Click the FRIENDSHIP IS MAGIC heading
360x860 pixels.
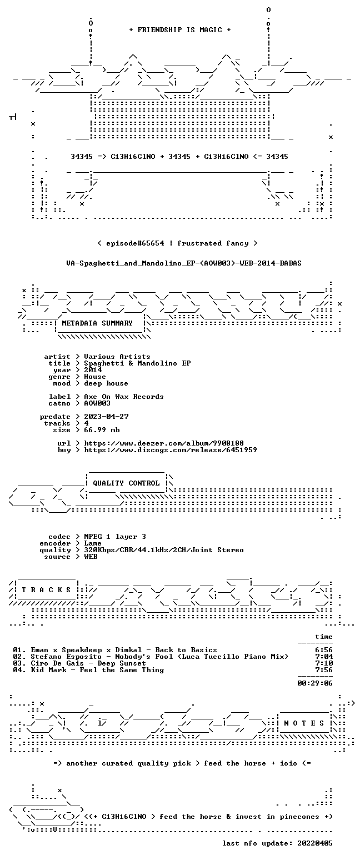click(180, 30)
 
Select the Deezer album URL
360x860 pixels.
click(164, 443)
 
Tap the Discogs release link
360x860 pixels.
click(171, 450)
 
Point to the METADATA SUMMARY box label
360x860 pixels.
click(97, 323)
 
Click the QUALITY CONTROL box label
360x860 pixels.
click(126, 483)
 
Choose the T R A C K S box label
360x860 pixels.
click(47, 589)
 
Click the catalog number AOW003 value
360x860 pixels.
click(97, 403)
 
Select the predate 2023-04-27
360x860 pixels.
click(106, 417)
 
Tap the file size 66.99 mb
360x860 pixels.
click(102, 430)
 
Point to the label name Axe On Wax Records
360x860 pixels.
click(123, 397)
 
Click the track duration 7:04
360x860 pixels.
click(324, 657)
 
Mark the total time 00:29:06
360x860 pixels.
click(315, 683)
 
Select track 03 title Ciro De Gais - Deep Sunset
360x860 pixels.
click(88, 663)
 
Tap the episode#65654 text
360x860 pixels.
click(135, 243)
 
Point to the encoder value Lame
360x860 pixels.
click(93, 544)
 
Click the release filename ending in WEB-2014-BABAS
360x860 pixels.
click(184, 263)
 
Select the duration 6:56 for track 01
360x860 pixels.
click(324, 650)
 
